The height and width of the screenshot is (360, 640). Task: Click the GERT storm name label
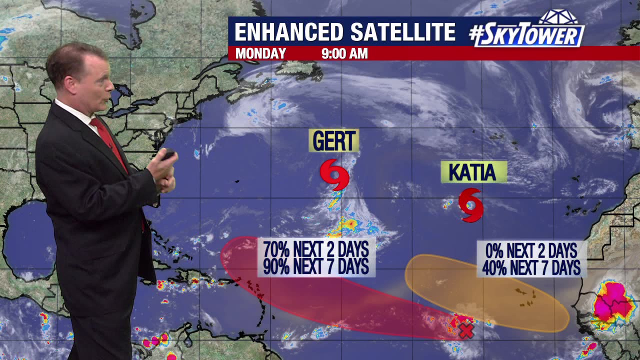[333, 140]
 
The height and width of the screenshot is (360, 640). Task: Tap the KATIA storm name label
[473, 172]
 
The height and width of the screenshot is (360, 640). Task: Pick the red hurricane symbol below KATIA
[470, 204]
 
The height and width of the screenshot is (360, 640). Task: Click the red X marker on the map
[466, 330]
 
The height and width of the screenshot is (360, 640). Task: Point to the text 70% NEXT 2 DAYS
[316, 249]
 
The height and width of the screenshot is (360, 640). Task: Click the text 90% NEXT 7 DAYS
[316, 266]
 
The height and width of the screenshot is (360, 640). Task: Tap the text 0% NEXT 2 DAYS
[531, 250]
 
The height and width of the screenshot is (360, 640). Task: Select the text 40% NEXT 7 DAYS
[531, 267]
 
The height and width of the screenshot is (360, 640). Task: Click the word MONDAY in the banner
[260, 53]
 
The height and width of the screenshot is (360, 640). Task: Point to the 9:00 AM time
[344, 53]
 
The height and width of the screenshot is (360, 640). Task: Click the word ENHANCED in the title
[288, 32]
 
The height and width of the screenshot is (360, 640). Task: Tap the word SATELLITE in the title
[402, 32]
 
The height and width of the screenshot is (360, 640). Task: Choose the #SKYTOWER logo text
[526, 35]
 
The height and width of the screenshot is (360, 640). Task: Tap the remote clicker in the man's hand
[167, 155]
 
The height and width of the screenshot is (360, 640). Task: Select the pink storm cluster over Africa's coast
[612, 303]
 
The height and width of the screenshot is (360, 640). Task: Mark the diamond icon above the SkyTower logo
[557, 16]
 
